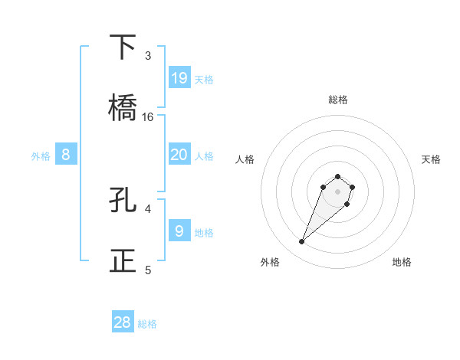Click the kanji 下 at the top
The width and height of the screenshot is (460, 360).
123,47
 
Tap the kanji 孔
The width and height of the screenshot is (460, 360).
123,200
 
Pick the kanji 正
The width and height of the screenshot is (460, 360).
123,260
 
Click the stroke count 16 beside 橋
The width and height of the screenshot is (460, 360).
148,117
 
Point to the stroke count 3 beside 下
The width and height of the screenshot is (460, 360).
148,56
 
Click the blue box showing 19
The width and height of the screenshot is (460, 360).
179,77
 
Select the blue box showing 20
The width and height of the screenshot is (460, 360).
179,155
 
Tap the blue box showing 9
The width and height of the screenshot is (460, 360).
179,230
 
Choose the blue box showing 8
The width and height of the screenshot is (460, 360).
66,155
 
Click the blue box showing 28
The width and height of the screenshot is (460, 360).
123,322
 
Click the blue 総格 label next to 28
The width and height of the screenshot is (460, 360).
147,324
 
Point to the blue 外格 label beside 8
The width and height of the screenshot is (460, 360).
41,156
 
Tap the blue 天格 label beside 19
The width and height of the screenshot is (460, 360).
204,79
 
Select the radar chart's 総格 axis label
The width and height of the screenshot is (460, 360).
338,100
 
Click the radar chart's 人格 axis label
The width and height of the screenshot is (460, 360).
245,159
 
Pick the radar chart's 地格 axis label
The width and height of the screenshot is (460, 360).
402,262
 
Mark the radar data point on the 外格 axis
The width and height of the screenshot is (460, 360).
302,242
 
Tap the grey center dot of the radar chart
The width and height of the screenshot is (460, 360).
338,191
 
